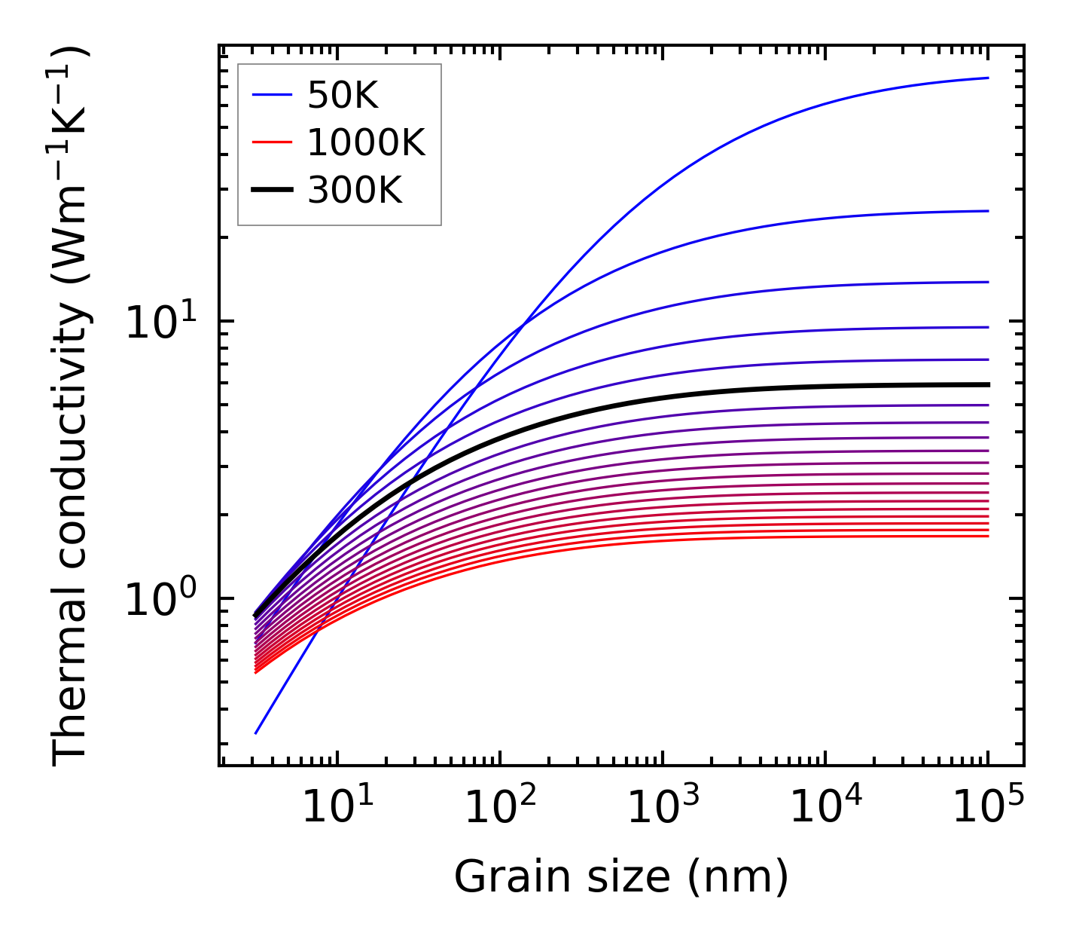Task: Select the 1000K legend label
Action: point(366,142)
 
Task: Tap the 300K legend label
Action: point(355,191)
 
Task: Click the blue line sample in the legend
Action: point(271,95)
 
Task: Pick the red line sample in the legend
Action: point(271,142)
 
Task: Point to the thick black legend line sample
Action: point(271,191)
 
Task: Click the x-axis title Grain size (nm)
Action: point(621,877)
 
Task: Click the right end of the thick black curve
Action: point(987,384)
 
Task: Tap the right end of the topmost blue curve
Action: point(987,78)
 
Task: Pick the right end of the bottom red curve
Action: point(987,536)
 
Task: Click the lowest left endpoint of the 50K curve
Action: point(256,732)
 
